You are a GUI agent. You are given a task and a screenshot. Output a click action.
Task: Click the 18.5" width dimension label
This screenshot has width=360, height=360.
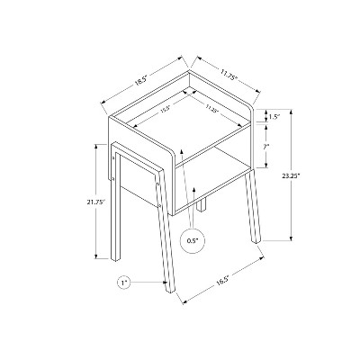point(141,78)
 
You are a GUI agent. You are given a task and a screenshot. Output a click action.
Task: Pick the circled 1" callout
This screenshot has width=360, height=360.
point(124,283)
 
